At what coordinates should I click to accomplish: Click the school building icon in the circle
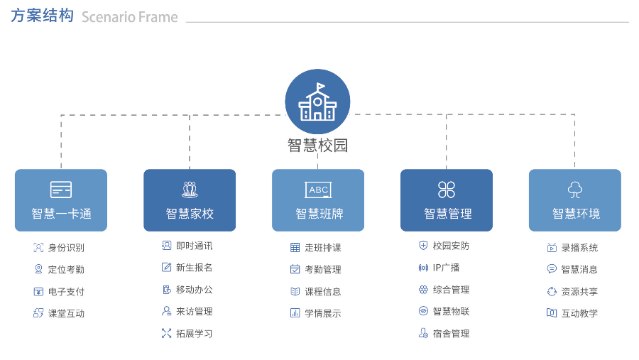tap(317, 102)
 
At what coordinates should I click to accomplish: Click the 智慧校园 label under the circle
tap(317, 146)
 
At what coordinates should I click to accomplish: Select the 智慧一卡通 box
tap(61, 200)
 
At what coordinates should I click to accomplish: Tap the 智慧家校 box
tap(190, 200)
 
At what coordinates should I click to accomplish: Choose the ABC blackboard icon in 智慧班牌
tap(318, 190)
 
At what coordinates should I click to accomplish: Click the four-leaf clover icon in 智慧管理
tap(447, 190)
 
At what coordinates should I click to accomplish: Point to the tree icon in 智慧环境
tap(575, 190)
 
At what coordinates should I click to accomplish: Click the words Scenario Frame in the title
tap(129, 17)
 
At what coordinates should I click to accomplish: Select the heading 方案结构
tap(42, 16)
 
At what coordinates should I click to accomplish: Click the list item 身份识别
tap(66, 248)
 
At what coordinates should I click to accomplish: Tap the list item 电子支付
tap(66, 292)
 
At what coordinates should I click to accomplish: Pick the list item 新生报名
tap(194, 268)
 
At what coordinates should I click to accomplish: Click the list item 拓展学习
tap(194, 333)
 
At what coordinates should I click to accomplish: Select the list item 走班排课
tap(323, 248)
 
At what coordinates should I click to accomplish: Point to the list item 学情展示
tap(323, 313)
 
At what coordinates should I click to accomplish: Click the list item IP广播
tap(446, 268)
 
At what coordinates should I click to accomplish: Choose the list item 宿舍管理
tap(451, 333)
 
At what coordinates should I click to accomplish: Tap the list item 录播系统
tap(579, 248)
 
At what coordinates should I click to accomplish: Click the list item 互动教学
tap(579, 313)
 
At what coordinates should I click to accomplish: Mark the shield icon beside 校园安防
tap(423, 246)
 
